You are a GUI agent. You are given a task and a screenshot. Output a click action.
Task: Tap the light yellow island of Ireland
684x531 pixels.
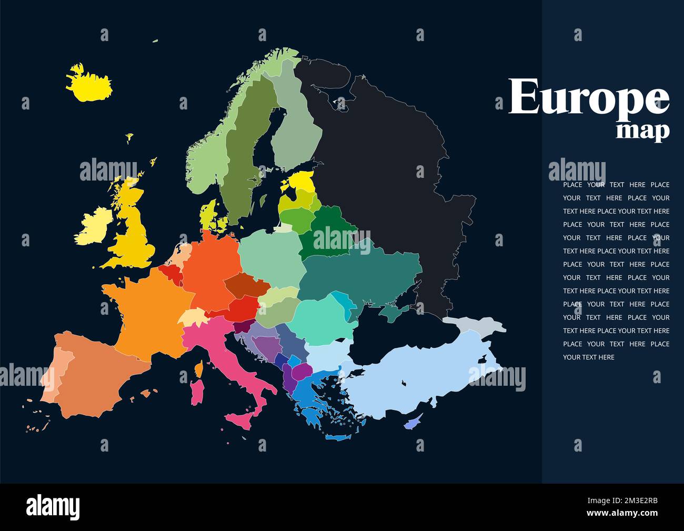[x=95, y=226]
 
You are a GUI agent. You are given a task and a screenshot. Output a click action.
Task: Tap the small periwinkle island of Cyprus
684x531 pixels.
[x=413, y=422]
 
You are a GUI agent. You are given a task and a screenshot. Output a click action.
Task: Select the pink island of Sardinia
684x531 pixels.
[x=197, y=393]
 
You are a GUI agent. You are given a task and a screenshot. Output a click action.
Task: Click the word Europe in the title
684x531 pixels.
[x=588, y=97]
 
